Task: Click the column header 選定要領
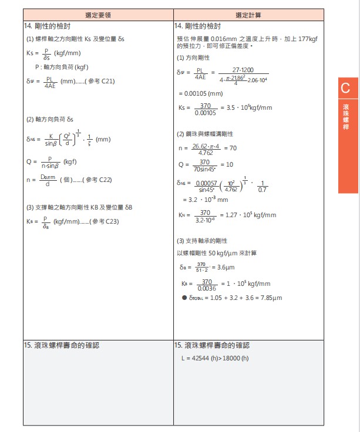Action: coord(98,14)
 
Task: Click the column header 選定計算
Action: coord(248,14)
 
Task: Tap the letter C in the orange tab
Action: coord(345,89)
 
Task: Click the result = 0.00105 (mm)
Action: coord(201,93)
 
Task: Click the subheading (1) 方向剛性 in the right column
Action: coord(193,58)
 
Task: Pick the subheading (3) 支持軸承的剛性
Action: coord(201,241)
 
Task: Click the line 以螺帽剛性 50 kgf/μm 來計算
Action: coord(217,253)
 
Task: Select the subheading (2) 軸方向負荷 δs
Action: coord(50,120)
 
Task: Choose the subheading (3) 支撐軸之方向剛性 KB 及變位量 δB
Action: coord(79,207)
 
